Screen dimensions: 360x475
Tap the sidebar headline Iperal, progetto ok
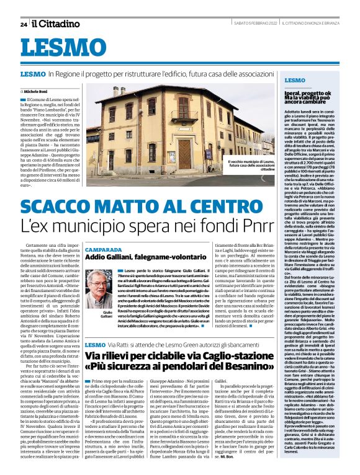click(x=302, y=97)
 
